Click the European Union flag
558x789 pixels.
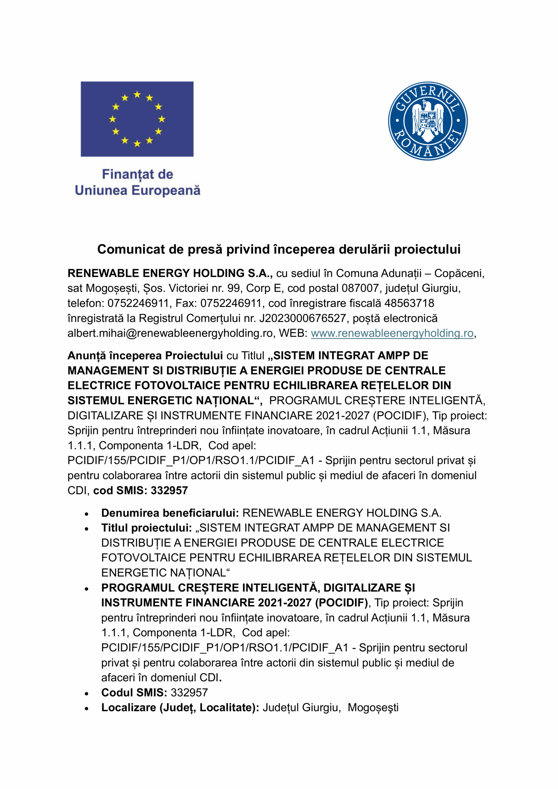(x=137, y=119)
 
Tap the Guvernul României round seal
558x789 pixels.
(x=428, y=121)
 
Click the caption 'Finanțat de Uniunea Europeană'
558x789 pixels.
(x=137, y=182)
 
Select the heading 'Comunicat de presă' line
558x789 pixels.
(x=279, y=249)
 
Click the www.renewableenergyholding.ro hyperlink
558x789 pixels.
(x=392, y=333)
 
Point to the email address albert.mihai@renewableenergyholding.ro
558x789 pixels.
(x=170, y=333)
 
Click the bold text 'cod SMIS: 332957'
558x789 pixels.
(x=141, y=490)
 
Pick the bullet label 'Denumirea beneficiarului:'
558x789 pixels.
(x=170, y=513)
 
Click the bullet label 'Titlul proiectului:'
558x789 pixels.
(x=146, y=528)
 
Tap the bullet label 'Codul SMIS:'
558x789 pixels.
(x=134, y=693)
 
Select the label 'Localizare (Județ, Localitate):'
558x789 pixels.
(x=180, y=708)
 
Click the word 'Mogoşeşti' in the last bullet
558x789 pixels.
(x=373, y=708)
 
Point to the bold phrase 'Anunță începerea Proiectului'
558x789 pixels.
(x=145, y=355)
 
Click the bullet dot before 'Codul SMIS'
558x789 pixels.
(x=87, y=693)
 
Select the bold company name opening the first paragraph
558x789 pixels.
(x=170, y=273)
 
